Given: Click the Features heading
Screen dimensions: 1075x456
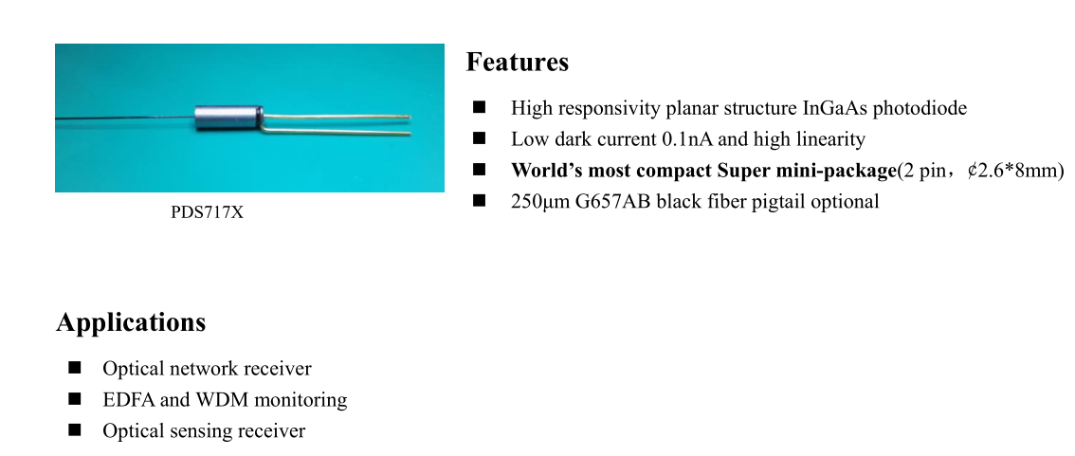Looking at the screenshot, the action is pos(517,62).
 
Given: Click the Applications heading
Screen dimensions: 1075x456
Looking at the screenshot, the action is pos(131,322).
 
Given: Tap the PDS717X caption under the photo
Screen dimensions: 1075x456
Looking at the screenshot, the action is pos(207,212).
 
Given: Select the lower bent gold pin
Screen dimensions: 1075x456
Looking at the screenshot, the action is pos(336,132).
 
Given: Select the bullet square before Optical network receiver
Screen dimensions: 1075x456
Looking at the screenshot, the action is pos(75,368).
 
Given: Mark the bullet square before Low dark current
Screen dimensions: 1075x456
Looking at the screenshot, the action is pos(479,138).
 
